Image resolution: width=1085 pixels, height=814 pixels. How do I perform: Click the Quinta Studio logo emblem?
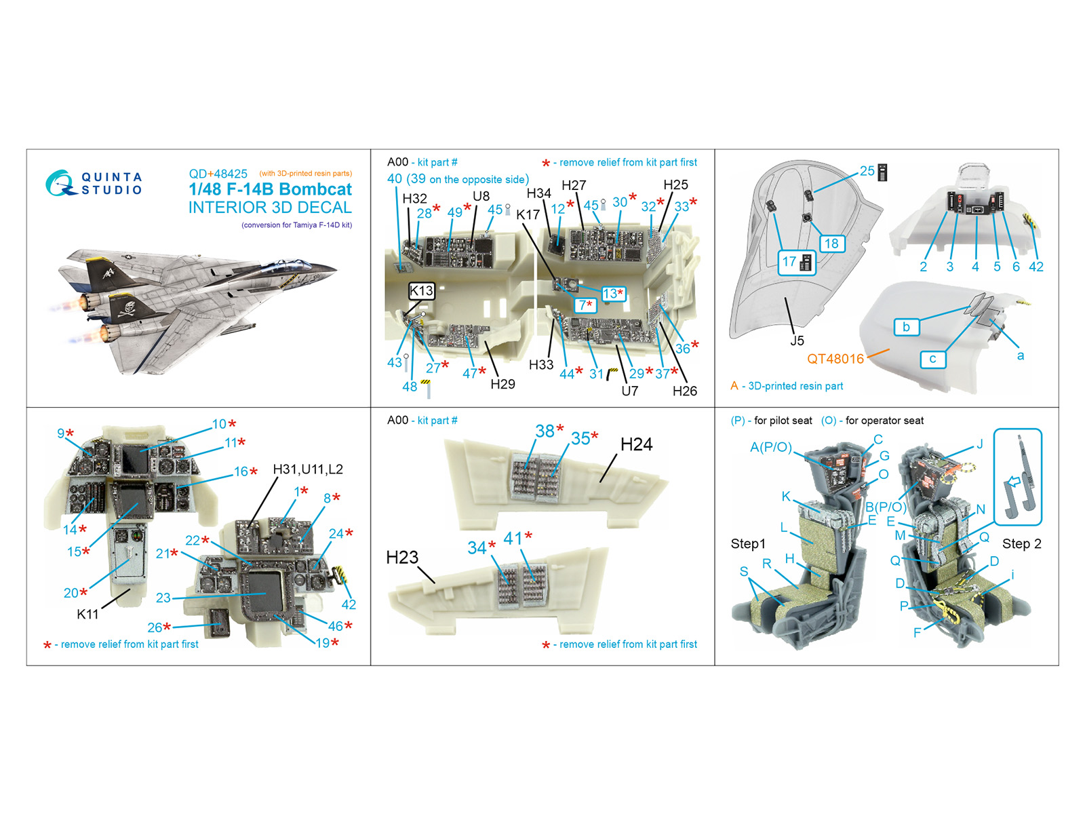point(60,183)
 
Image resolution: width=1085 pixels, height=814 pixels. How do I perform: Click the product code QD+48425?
point(218,174)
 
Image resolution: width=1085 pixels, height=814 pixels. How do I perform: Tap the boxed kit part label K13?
point(421,291)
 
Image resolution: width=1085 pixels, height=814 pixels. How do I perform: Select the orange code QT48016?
point(835,359)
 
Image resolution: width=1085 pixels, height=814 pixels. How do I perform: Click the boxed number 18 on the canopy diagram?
point(831,243)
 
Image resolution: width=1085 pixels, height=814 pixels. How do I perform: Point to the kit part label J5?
point(797,341)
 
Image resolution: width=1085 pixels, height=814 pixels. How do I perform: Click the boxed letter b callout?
point(906,327)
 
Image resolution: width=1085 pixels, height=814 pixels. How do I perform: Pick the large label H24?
point(636,444)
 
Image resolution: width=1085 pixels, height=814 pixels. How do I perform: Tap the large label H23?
point(402,558)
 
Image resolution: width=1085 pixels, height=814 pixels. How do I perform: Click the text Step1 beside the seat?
point(747,543)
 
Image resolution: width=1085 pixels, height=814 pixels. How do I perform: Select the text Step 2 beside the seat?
point(1021,543)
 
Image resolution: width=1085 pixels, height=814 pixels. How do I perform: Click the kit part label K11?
point(87,615)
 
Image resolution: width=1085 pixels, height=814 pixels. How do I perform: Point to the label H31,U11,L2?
point(307,469)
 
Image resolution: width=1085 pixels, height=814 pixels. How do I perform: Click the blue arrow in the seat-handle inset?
point(1013,482)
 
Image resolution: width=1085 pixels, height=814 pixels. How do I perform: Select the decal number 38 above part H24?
point(545,431)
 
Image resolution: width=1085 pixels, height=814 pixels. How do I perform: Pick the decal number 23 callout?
point(163,598)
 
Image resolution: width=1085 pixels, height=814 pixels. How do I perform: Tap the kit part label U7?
point(629,391)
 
